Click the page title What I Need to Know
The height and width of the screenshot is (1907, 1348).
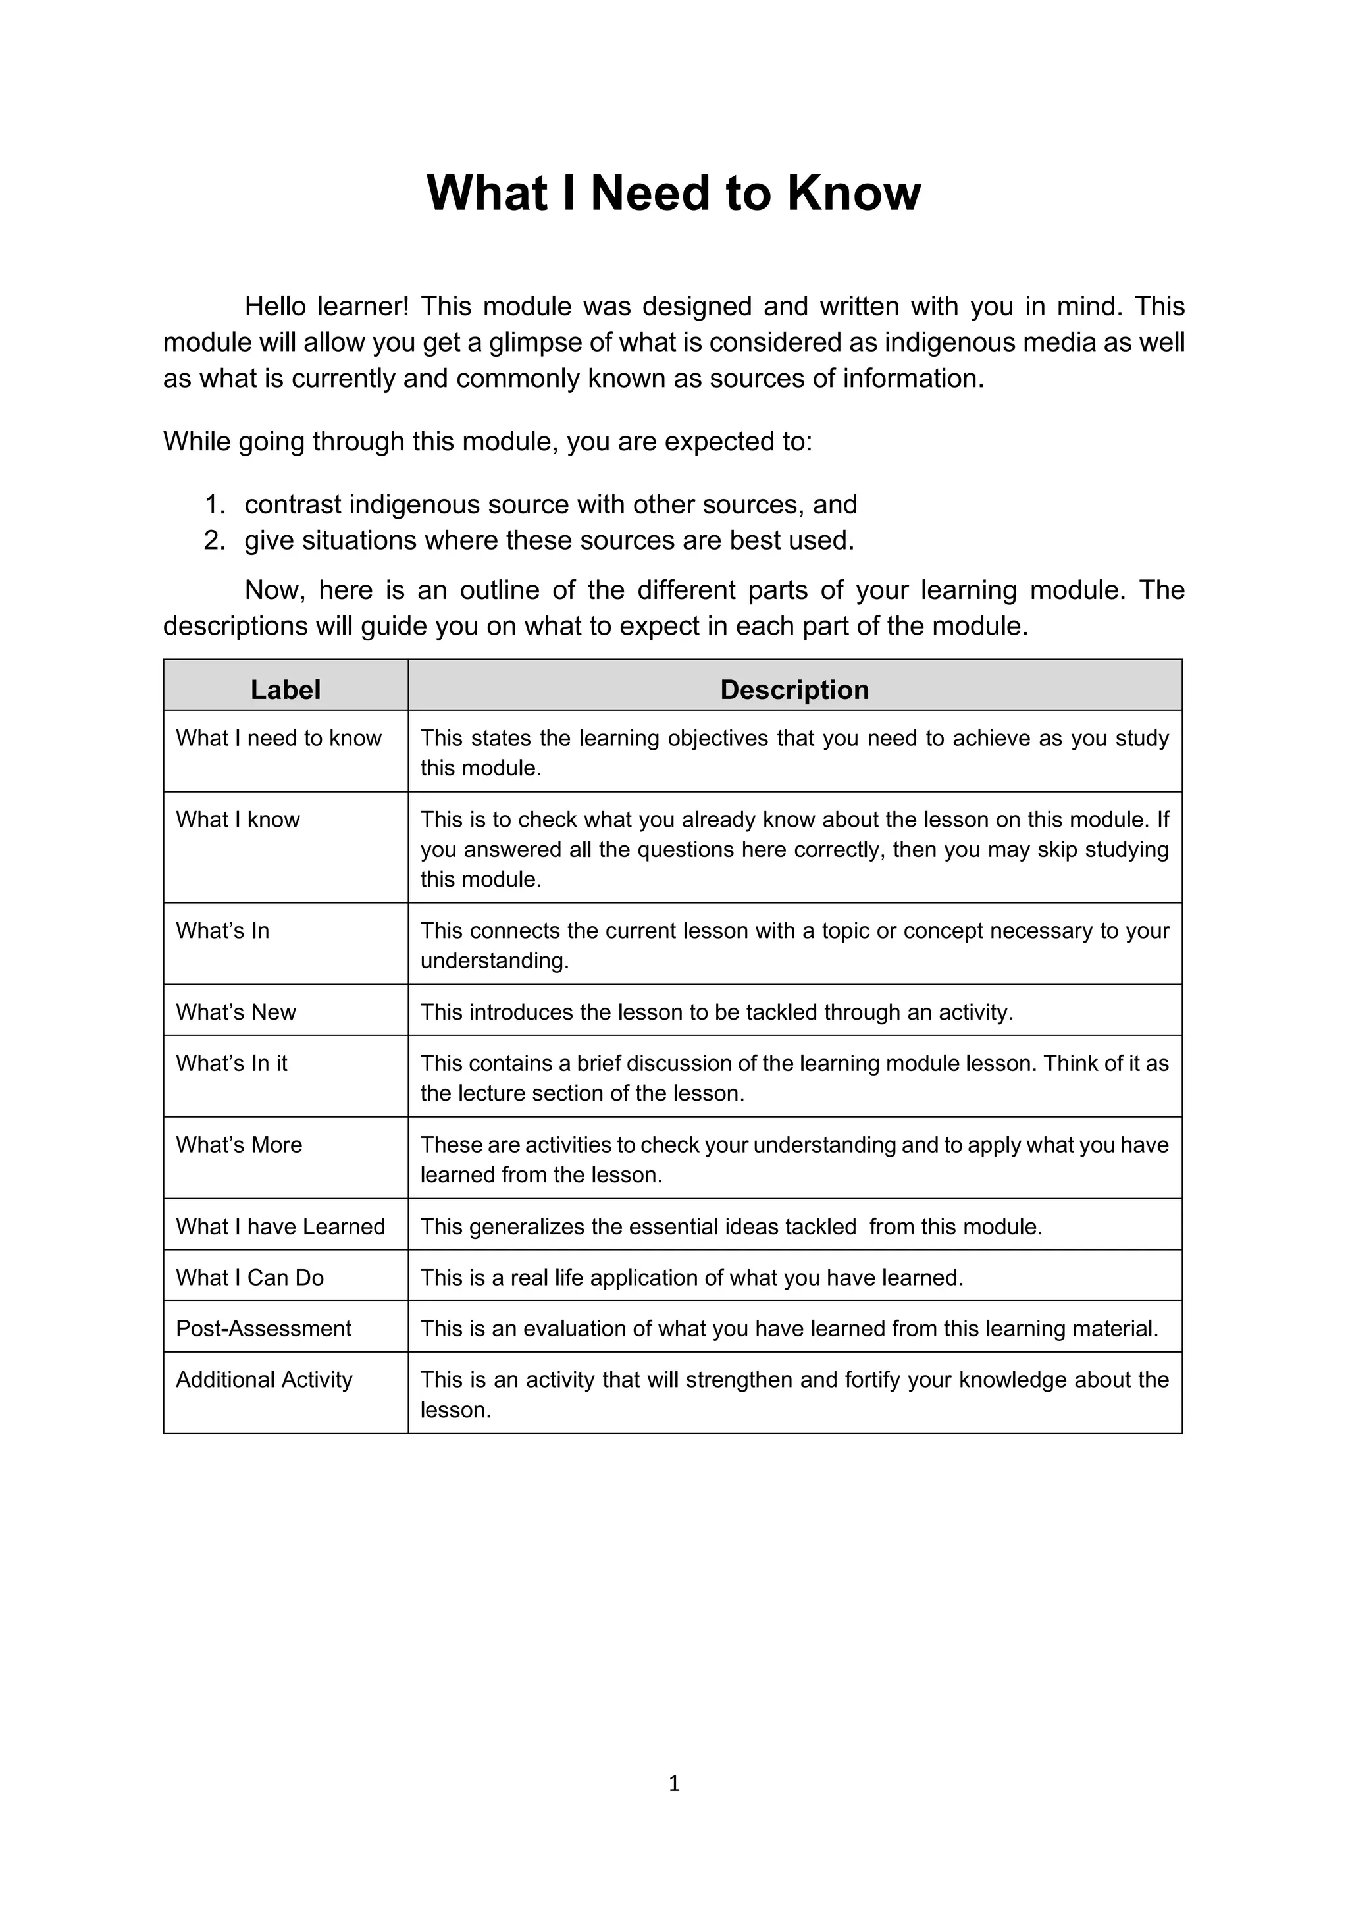point(673,193)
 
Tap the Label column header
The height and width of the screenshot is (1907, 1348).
point(285,689)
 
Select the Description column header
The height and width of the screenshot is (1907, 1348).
point(794,689)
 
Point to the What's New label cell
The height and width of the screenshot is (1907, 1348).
point(236,1012)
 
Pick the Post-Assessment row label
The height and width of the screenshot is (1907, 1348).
point(263,1328)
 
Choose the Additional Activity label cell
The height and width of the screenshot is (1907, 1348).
point(264,1380)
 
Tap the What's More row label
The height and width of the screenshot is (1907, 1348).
point(239,1145)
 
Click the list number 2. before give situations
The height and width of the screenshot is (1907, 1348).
point(215,540)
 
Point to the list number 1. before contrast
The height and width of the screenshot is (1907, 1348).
point(215,505)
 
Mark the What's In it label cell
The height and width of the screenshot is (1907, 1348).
point(232,1063)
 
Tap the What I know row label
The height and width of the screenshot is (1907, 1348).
point(238,819)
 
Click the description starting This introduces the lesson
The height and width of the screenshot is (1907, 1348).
point(716,1012)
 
